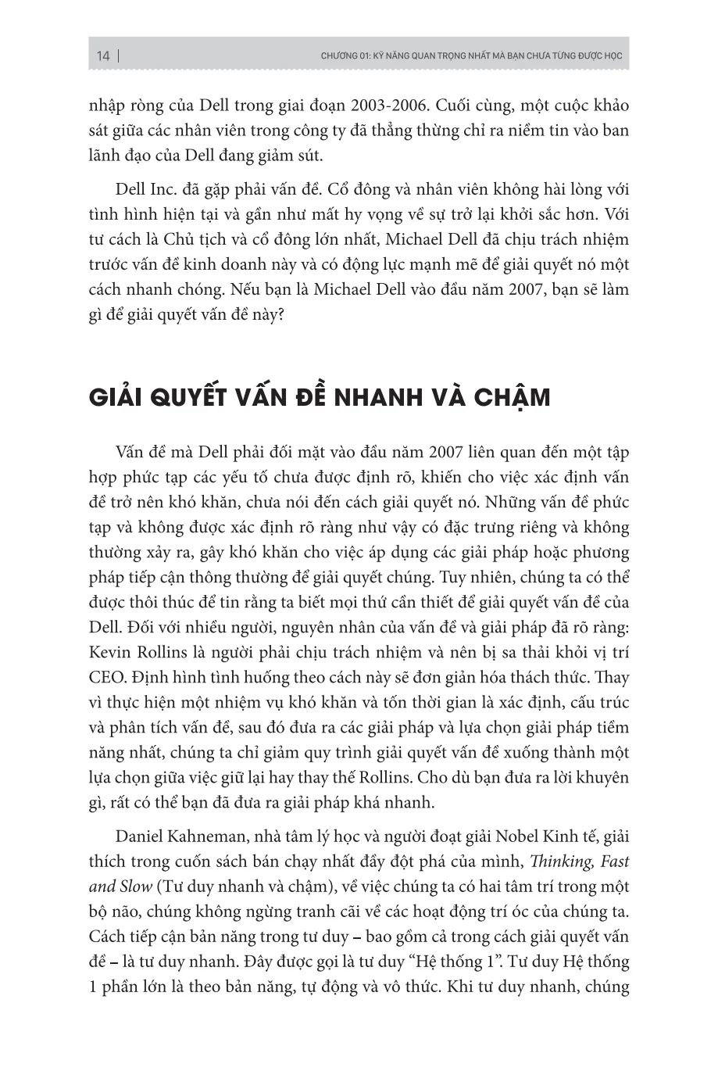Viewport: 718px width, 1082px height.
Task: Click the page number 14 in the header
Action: click(x=103, y=56)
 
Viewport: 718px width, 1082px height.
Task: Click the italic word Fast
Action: click(x=614, y=862)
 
